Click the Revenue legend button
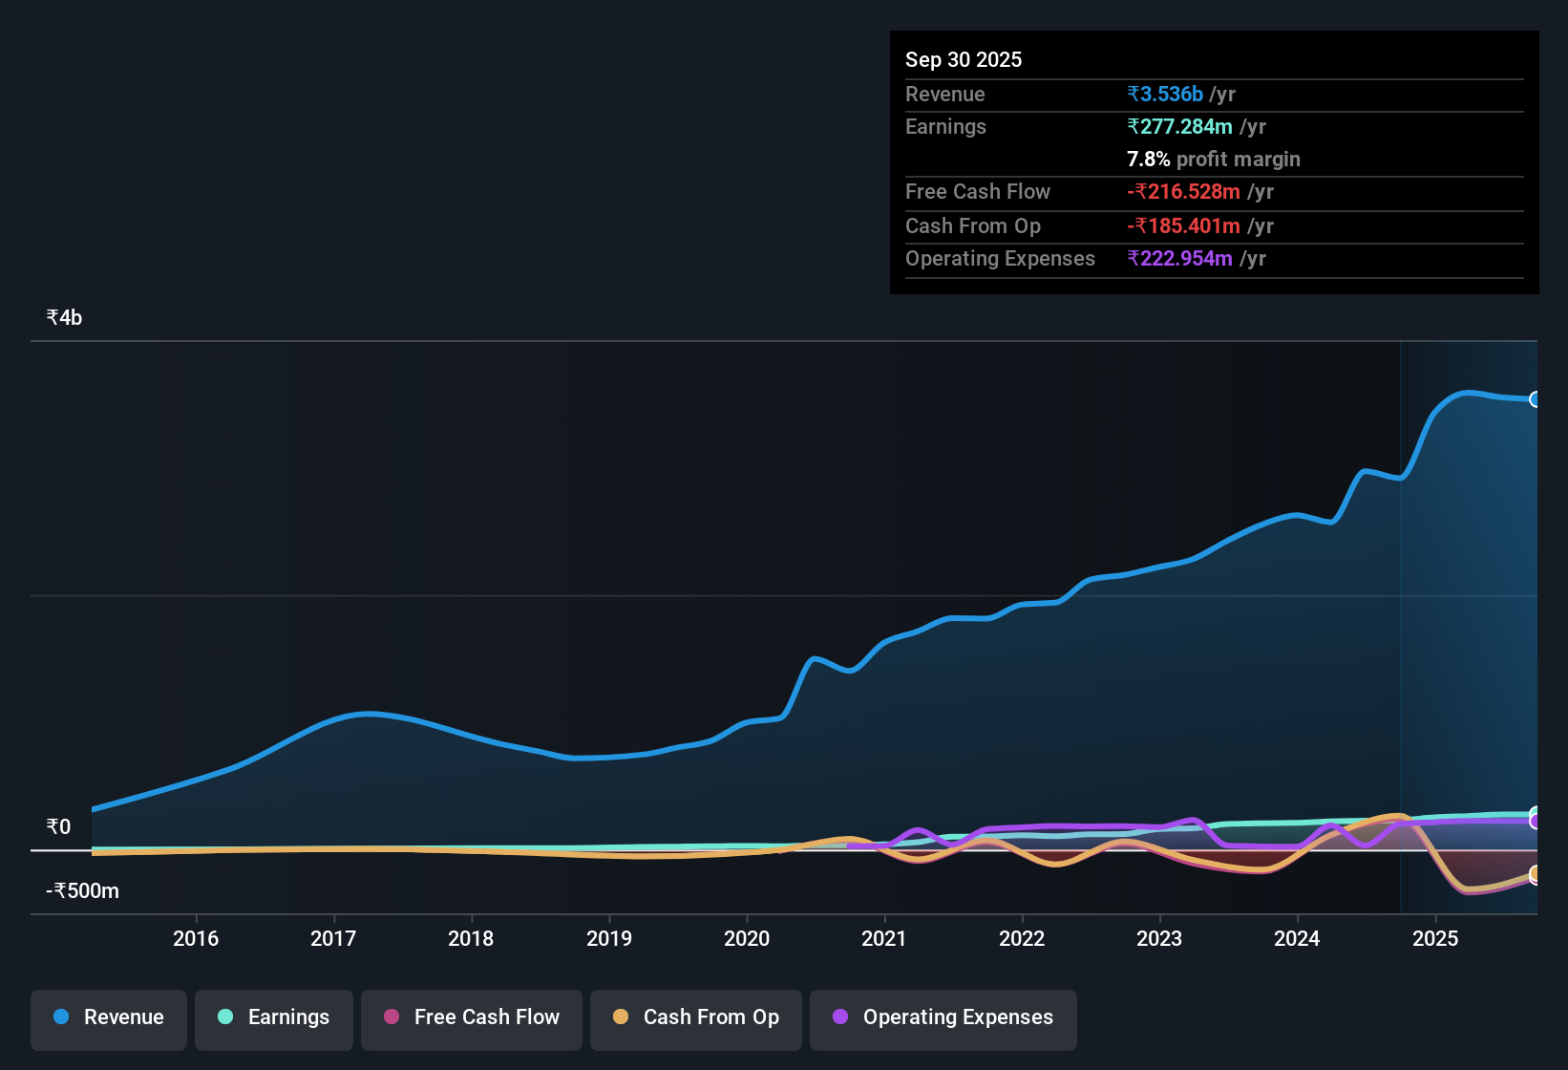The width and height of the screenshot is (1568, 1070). point(109,1017)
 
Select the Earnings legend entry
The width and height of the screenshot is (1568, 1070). point(274,1017)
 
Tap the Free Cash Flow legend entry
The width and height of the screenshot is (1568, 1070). point(472,1017)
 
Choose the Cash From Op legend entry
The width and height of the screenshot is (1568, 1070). point(696,1017)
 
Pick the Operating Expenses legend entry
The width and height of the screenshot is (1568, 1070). point(943,1017)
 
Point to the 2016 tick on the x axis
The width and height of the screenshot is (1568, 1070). point(196,938)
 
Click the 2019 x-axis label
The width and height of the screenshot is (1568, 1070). point(609,938)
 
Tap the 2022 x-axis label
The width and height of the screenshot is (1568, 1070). point(1022,938)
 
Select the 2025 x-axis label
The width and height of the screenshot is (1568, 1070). point(1435,938)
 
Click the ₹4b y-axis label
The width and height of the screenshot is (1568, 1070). point(64,318)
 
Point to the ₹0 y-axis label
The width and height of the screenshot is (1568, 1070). point(58,827)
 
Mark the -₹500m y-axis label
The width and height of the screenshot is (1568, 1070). point(83,891)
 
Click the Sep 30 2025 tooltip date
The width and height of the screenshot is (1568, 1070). point(964,59)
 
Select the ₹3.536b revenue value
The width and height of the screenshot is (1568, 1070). point(1165,95)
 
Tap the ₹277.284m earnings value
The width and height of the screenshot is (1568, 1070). point(1180,127)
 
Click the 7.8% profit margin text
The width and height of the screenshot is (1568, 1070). point(1213,160)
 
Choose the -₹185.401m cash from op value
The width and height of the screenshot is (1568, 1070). point(1183,226)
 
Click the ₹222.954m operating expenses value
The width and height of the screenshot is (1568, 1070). point(1180,259)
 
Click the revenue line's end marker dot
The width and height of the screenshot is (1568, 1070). point(1535,399)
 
